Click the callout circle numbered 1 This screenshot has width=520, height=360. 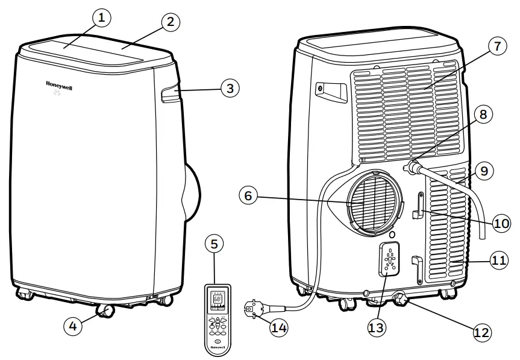pyautogui.click(x=101, y=18)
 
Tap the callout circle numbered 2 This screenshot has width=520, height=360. pyautogui.click(x=171, y=22)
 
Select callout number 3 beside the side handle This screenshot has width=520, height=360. pyautogui.click(x=229, y=89)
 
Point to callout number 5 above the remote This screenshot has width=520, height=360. pyautogui.click(x=215, y=244)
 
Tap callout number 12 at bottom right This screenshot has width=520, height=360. pyautogui.click(x=481, y=332)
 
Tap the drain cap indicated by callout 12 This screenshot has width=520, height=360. pyautogui.click(x=399, y=298)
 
